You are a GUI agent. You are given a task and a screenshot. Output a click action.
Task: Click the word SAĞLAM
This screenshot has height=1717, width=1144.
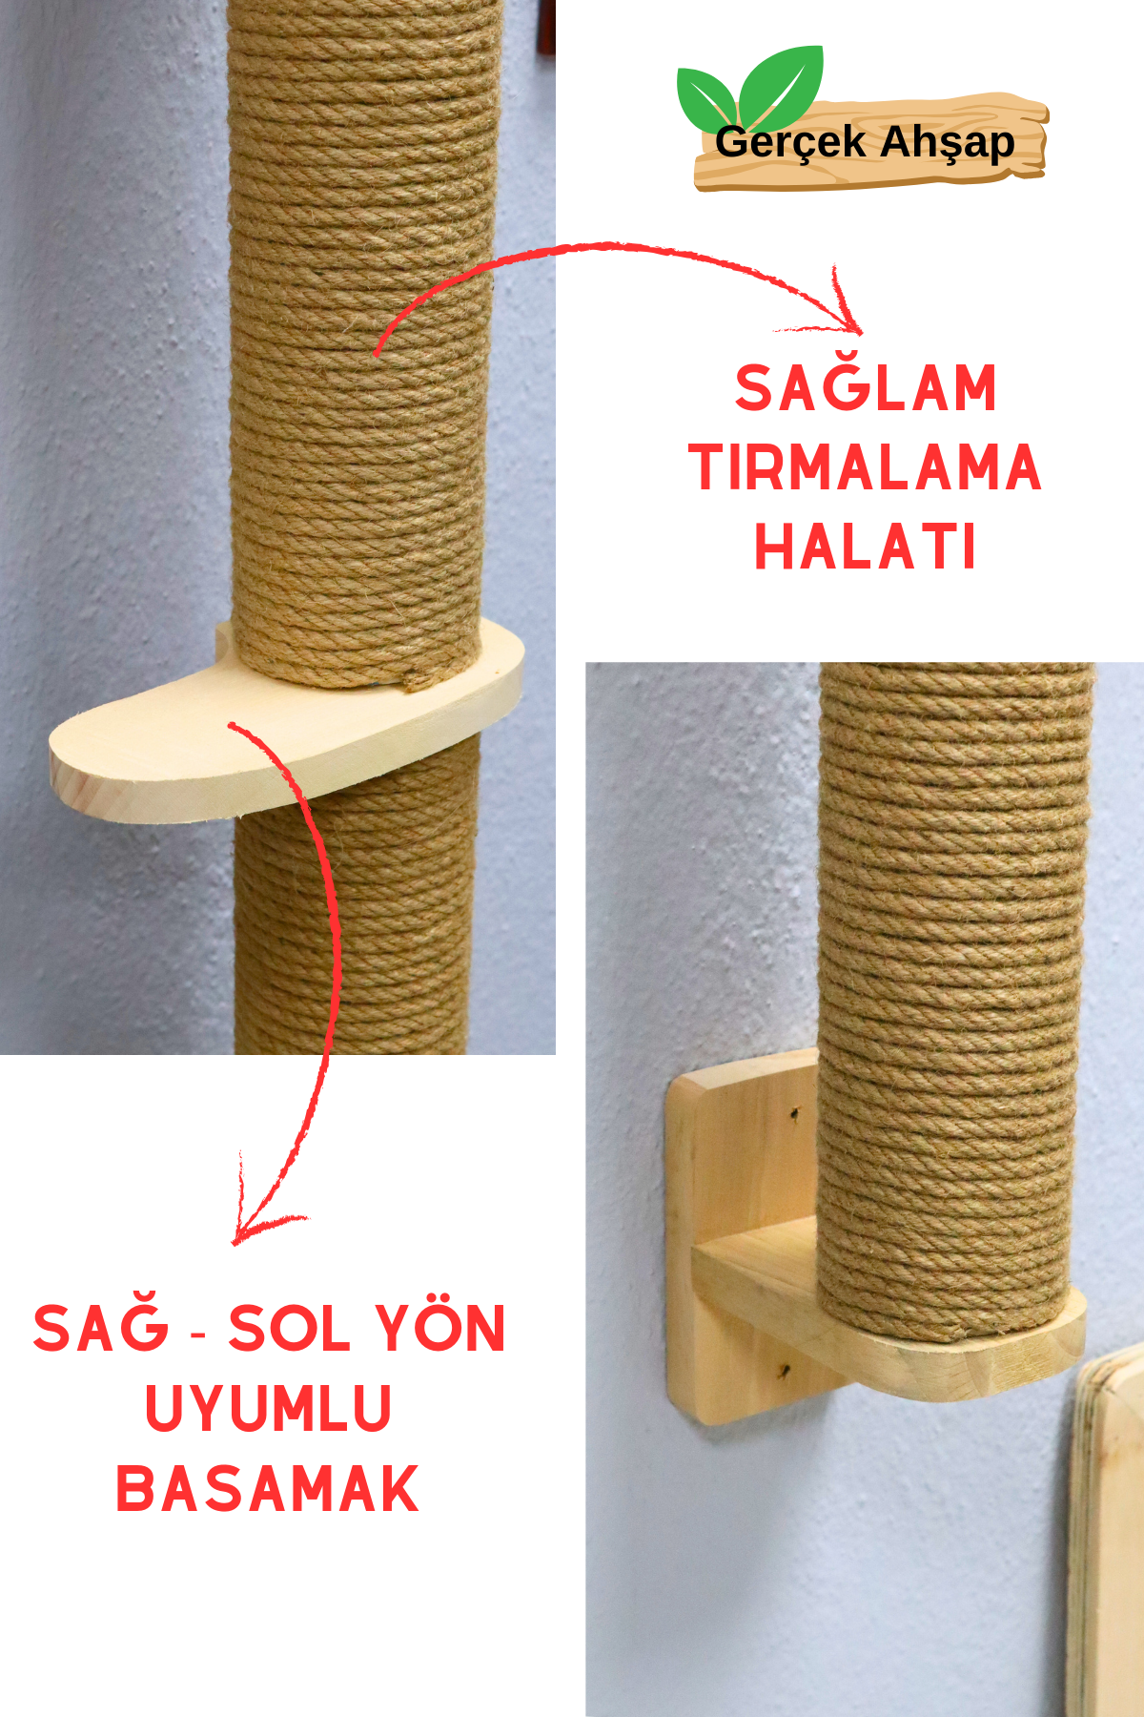point(866,388)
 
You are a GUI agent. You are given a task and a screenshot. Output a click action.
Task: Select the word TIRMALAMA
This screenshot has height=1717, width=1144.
point(866,467)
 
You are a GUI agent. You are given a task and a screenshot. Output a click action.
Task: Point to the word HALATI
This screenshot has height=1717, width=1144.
point(866,547)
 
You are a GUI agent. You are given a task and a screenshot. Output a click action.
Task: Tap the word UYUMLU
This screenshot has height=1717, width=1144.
point(268,1408)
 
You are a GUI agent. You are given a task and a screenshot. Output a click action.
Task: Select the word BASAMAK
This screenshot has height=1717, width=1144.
point(268,1488)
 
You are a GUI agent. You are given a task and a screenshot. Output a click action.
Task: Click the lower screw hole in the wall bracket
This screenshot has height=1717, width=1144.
point(784,1372)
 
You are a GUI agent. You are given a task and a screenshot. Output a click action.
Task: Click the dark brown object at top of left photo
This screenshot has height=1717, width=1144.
point(547,29)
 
